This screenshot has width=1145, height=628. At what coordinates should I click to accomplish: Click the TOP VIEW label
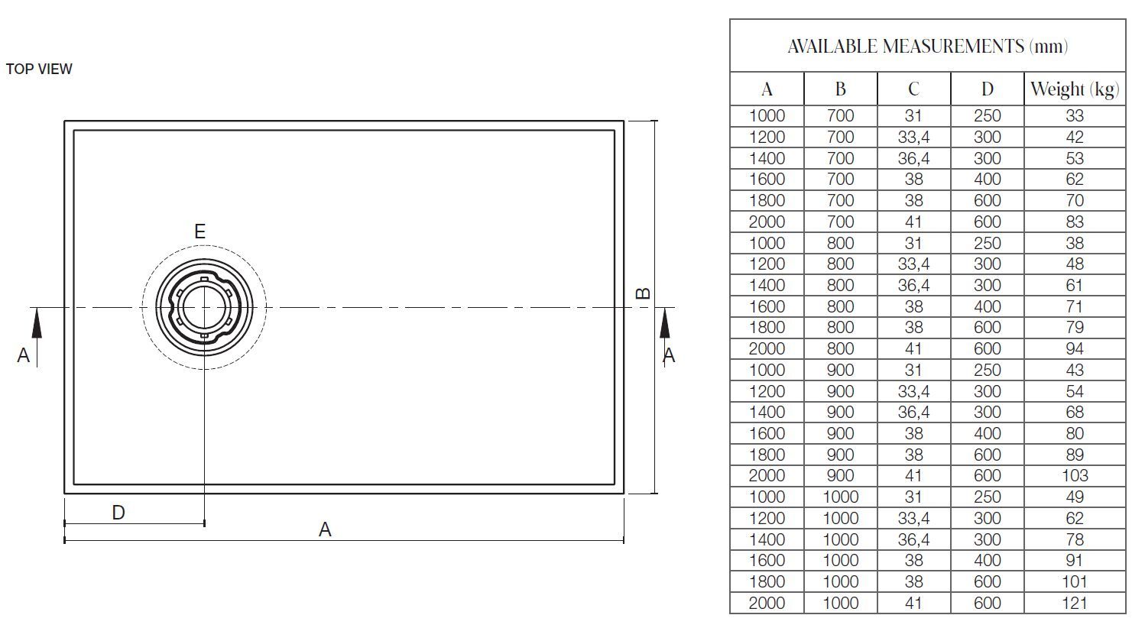pyautogui.click(x=39, y=69)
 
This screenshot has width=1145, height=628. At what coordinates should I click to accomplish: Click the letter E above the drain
pyautogui.click(x=199, y=231)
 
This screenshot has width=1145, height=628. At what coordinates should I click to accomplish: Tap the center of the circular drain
pyautogui.click(x=204, y=308)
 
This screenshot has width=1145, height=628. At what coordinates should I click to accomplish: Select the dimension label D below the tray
pyautogui.click(x=118, y=513)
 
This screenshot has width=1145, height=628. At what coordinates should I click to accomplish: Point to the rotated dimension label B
pyautogui.click(x=643, y=293)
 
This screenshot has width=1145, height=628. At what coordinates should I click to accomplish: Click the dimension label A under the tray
pyautogui.click(x=325, y=530)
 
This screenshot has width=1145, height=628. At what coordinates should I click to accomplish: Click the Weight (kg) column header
pyautogui.click(x=1075, y=89)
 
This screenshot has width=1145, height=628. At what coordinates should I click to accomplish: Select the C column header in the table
pyautogui.click(x=913, y=89)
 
